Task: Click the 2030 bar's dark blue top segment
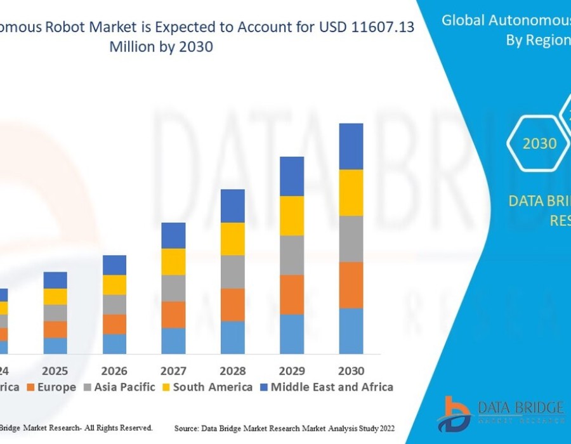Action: click(351, 146)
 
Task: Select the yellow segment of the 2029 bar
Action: click(292, 216)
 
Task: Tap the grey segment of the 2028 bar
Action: click(233, 271)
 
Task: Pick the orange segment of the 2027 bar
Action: click(173, 314)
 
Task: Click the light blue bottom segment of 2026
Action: click(114, 343)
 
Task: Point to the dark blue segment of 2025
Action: click(55, 280)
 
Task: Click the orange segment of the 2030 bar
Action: click(351, 285)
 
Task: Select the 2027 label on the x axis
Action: click(173, 371)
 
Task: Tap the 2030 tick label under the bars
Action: click(351, 371)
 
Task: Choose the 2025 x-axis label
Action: click(55, 371)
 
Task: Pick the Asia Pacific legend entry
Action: click(119, 387)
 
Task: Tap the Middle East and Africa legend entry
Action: click(327, 387)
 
